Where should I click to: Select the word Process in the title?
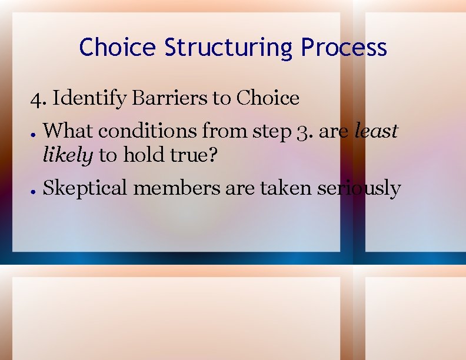pos(344,47)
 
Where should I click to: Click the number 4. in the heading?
pos(39,98)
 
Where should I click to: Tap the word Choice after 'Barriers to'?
pos(268,98)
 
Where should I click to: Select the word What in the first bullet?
pos(65,131)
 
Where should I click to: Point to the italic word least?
pos(376,131)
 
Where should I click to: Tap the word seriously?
pos(359,189)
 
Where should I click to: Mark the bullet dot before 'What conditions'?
pos(35,132)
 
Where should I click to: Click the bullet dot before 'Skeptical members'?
pos(35,190)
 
